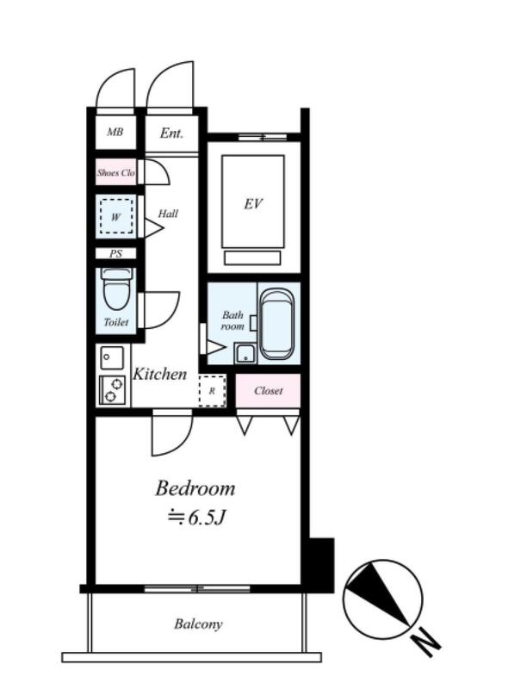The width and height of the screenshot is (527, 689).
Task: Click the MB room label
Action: [x=115, y=132]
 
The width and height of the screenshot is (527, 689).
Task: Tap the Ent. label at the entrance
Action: [x=171, y=133]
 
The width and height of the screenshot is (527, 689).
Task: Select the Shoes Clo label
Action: [x=116, y=173]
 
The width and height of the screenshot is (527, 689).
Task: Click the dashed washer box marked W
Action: [x=116, y=216]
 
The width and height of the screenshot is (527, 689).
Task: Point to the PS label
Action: [x=116, y=253]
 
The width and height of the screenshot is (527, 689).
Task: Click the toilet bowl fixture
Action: [x=116, y=289]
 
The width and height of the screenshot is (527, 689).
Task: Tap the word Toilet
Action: [x=116, y=322]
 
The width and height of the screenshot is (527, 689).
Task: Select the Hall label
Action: [x=168, y=214]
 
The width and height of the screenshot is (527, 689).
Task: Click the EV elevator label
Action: [x=253, y=203]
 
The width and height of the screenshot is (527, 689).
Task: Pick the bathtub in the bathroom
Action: [x=277, y=325]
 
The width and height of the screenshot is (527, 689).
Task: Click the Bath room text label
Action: [x=232, y=320]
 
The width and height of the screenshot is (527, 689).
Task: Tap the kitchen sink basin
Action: [x=112, y=357]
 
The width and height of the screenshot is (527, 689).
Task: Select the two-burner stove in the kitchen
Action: [x=113, y=390]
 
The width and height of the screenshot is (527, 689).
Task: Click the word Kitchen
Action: [x=160, y=374]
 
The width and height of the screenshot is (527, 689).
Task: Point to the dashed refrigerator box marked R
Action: [x=212, y=391]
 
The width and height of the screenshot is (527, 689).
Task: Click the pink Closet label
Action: [x=269, y=391]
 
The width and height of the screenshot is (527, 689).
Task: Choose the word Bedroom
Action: [x=195, y=488]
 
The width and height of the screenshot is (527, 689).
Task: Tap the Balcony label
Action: [x=198, y=624]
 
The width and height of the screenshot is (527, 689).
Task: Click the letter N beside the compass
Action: [x=426, y=642]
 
